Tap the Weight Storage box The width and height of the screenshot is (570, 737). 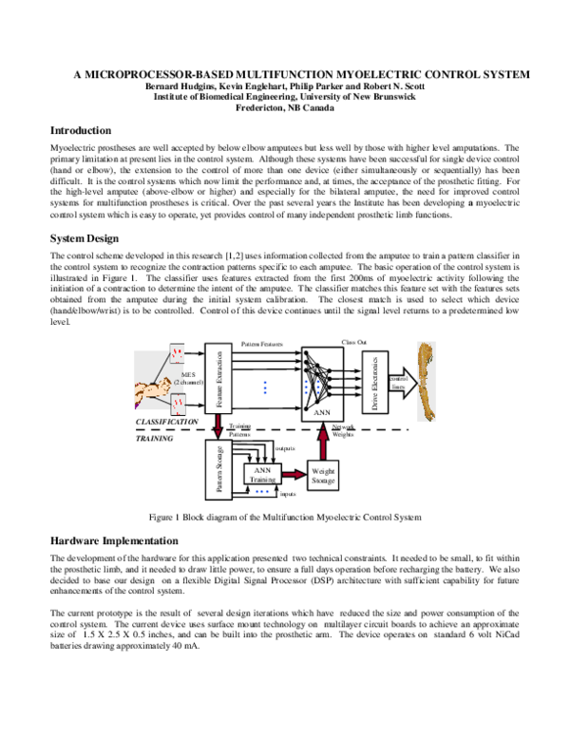322,476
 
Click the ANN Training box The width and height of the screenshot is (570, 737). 262,474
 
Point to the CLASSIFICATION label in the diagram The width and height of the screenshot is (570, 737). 167,421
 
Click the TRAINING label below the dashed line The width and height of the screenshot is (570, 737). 154,440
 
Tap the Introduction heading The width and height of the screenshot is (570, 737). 81,130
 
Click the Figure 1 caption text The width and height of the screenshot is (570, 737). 285,517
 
